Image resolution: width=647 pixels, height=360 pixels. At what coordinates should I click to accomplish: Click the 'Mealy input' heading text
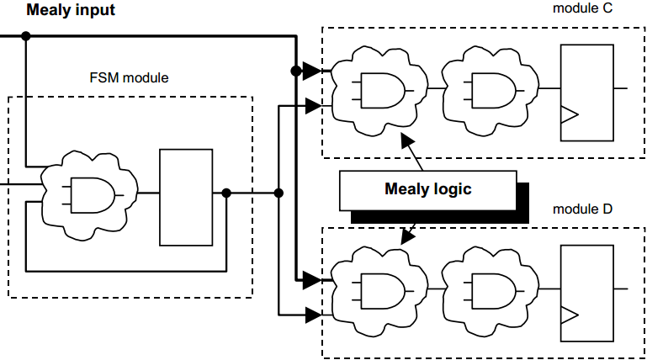point(71,11)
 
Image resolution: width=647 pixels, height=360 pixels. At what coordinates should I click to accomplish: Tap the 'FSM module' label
point(129,78)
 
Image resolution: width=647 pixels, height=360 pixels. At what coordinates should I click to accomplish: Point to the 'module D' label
point(583,208)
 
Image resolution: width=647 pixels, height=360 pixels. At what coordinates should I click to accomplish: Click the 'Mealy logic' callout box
point(427,188)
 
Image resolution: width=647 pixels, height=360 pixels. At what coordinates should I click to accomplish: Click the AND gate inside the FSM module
point(92,194)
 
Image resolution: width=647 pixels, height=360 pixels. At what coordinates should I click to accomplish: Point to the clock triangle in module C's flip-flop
point(570,114)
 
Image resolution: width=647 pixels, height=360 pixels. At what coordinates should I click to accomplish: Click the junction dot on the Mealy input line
point(26,36)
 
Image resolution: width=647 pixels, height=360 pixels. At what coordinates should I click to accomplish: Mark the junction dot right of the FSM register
point(226,193)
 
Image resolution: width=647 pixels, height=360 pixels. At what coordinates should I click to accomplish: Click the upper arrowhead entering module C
point(312,71)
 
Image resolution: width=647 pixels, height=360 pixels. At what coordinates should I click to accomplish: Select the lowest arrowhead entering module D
point(312,315)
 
